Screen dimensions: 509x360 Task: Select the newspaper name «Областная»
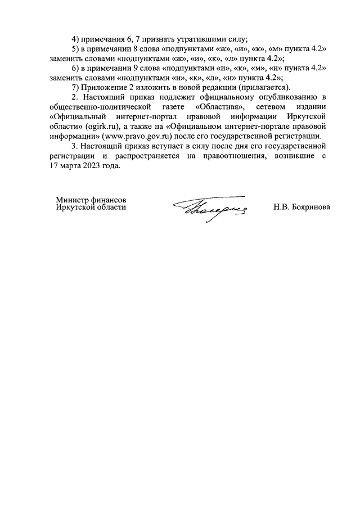[215, 107]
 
